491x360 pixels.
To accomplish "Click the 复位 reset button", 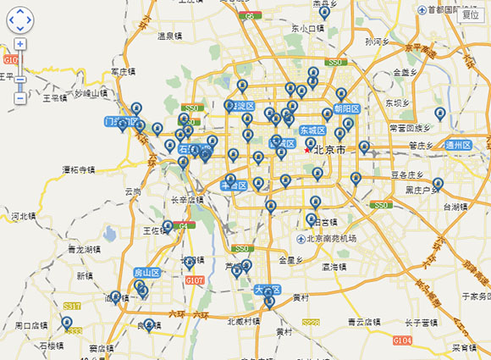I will (470, 13).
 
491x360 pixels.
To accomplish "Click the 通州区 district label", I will (458, 145).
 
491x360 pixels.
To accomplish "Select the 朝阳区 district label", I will (347, 108).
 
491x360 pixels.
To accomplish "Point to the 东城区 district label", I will (312, 130).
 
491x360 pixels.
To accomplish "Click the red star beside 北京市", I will (307, 150).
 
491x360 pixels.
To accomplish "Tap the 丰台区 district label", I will (233, 186).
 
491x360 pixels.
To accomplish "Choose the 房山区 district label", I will (147, 273).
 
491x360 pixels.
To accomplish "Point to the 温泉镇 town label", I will (170, 36).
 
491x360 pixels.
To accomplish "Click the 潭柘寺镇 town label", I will (78, 169).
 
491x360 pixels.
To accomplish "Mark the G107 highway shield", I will (195, 280).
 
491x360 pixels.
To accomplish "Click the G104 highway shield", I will (402, 340).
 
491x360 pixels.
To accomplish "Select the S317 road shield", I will (72, 306).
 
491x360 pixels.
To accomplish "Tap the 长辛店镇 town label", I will (188, 201).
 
